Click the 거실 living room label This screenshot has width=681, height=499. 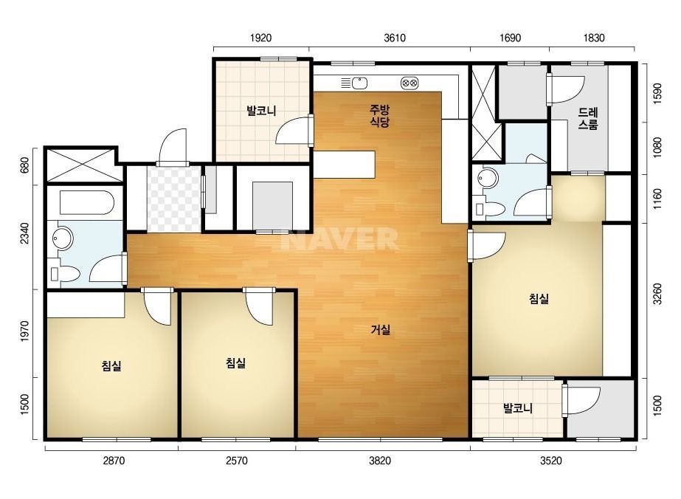tap(381, 330)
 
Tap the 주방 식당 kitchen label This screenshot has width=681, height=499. tap(379, 116)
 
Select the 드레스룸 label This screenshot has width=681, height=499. tap(588, 119)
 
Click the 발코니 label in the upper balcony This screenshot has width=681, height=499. tap(261, 111)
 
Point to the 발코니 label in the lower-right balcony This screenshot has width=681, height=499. tap(518, 408)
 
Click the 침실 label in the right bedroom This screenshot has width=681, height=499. tap(539, 299)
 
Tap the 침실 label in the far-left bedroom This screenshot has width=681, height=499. tap(111, 365)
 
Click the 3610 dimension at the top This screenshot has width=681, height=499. tap(394, 38)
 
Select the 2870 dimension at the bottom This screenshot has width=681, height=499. tap(114, 461)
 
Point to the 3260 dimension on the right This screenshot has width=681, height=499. tap(657, 294)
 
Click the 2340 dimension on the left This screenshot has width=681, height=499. tap(25, 233)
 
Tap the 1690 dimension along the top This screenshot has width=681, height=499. tap(510, 38)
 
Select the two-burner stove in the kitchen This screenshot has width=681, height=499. tap(409, 83)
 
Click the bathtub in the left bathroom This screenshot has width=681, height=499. tap(87, 202)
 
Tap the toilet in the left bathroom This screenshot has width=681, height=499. tap(65, 274)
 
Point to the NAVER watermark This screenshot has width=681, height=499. tap(339, 239)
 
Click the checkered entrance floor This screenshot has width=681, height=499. tap(173, 199)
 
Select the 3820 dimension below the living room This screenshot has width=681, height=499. tap(379, 461)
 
